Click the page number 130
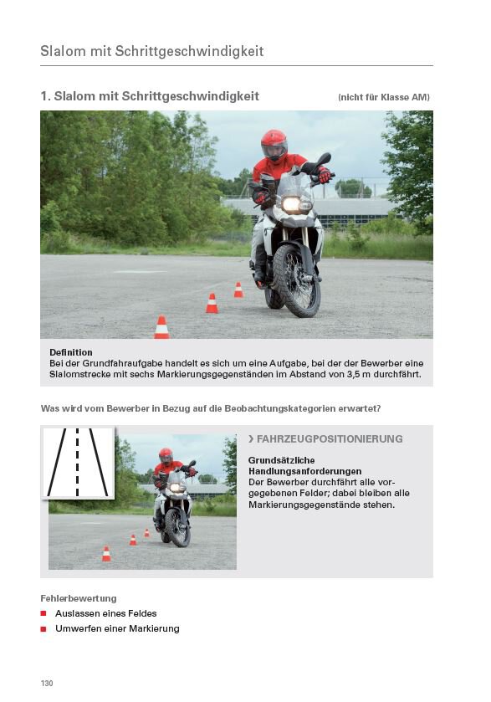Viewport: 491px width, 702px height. pyautogui.click(x=47, y=683)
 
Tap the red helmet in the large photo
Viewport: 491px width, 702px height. pyautogui.click(x=274, y=145)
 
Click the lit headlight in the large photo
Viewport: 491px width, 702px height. pyautogui.click(x=291, y=204)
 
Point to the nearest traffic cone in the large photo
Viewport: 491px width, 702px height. pyautogui.click(x=161, y=327)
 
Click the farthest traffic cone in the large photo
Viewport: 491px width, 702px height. pyautogui.click(x=238, y=290)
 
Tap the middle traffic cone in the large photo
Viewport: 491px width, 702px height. pyautogui.click(x=212, y=303)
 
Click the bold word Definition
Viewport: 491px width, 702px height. pyautogui.click(x=71, y=352)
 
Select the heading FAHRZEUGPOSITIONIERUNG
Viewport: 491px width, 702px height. pyautogui.click(x=330, y=438)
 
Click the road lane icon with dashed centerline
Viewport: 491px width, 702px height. pyautogui.click(x=78, y=463)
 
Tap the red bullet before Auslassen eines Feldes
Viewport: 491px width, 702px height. pyautogui.click(x=43, y=613)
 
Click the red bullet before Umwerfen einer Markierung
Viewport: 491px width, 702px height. pyautogui.click(x=43, y=628)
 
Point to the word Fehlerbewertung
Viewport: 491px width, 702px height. pyautogui.click(x=79, y=598)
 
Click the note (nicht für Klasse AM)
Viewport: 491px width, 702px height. pyautogui.click(x=384, y=97)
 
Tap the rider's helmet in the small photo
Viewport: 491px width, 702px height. pyautogui.click(x=166, y=456)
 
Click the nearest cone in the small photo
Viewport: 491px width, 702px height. pyautogui.click(x=106, y=554)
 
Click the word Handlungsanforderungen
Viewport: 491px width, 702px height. pyautogui.click(x=304, y=471)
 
